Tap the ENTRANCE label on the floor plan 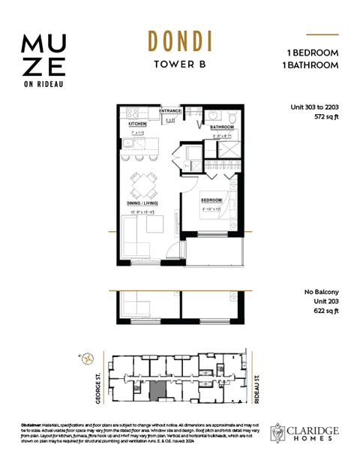pyautogui.click(x=171, y=110)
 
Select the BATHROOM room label pyautogui.click(x=221, y=128)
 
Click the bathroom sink pyautogui.click(x=213, y=115)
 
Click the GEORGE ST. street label pyautogui.click(x=97, y=382)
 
